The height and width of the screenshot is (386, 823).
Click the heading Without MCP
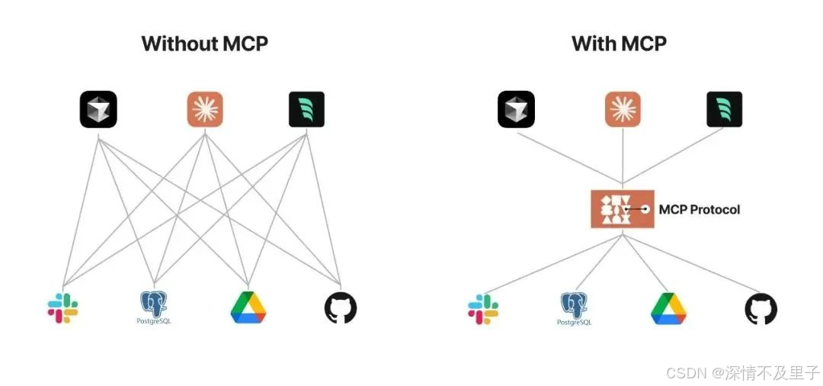[204, 43]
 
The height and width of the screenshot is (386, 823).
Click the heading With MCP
[619, 43]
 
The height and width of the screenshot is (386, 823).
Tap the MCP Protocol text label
[699, 209]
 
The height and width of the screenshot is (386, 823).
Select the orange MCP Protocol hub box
[623, 209]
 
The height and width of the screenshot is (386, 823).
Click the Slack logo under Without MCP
[62, 307]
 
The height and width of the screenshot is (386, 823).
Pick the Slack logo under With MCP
[482, 309]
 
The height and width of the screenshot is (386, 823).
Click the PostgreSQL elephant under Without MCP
[155, 305]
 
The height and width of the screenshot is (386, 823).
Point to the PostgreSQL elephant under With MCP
[575, 307]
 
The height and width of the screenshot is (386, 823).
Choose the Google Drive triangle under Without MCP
[248, 307]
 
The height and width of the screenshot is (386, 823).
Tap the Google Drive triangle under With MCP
[668, 308]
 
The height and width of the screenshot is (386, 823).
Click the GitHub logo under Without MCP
[341, 308]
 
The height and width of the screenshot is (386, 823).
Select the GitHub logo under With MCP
[761, 309]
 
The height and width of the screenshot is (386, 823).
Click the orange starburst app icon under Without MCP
[204, 109]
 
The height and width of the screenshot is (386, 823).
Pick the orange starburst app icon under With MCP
[623, 109]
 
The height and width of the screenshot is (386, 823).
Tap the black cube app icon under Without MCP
[98, 109]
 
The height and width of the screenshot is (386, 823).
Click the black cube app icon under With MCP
[517, 109]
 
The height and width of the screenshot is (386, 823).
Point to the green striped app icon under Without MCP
[306, 109]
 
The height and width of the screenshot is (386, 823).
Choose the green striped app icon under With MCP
[724, 109]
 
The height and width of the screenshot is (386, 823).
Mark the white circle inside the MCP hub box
[645, 208]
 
